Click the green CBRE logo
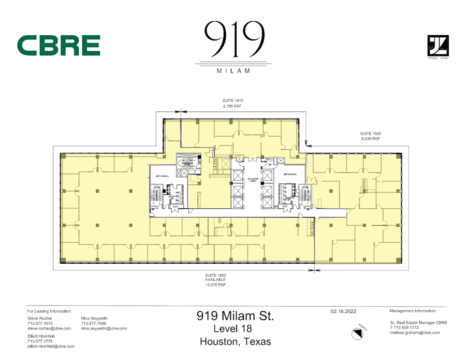(x=59, y=46)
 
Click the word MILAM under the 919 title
(x=232, y=70)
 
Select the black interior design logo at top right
(x=438, y=46)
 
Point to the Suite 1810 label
(x=232, y=100)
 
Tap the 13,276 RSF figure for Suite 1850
(x=215, y=284)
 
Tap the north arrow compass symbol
(x=357, y=334)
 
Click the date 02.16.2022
(x=343, y=311)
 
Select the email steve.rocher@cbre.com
(x=49, y=328)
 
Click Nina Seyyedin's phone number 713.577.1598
(x=94, y=323)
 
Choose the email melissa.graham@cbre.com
(x=415, y=333)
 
